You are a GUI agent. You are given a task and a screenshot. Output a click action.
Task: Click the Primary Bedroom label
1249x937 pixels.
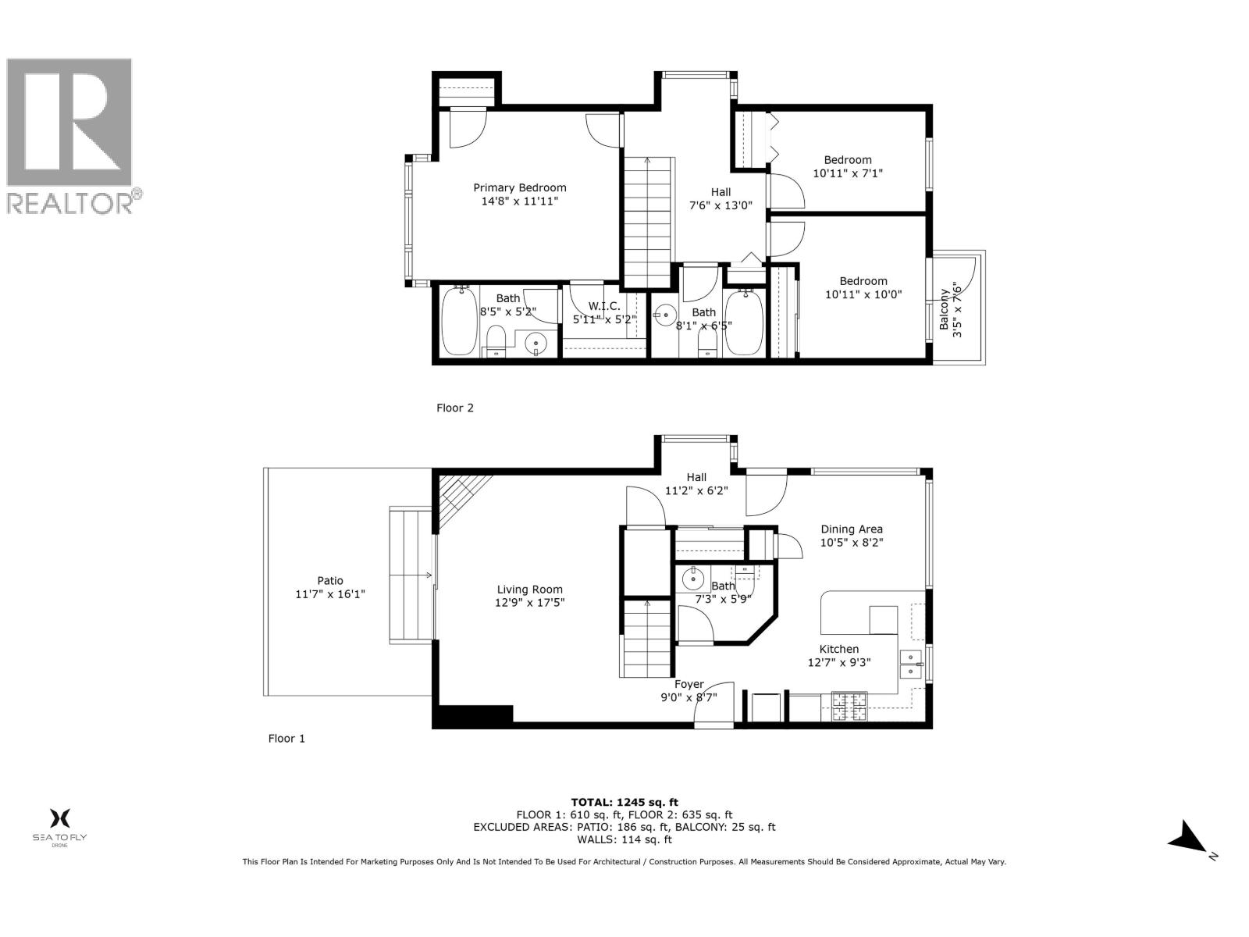[x=520, y=187]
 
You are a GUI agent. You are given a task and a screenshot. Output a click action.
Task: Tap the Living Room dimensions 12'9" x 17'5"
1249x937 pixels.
[x=530, y=603]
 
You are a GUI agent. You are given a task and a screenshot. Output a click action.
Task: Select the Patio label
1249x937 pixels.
[x=329, y=580]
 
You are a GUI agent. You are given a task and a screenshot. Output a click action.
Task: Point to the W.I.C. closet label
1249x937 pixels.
[x=604, y=306]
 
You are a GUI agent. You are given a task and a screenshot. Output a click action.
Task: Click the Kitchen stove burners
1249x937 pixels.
[x=849, y=707]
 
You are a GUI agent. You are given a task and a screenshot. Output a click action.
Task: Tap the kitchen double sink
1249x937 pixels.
[x=910, y=663]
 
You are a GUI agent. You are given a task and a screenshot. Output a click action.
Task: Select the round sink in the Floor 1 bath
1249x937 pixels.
[x=692, y=579]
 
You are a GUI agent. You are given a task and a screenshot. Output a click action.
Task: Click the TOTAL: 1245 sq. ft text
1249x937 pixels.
[x=624, y=802]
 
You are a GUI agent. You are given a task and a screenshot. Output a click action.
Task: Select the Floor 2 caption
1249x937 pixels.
[x=454, y=408]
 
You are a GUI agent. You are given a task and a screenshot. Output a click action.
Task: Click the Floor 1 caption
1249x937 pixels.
[x=286, y=738]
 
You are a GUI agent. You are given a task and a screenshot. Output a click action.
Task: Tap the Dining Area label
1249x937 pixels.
[x=851, y=529]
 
